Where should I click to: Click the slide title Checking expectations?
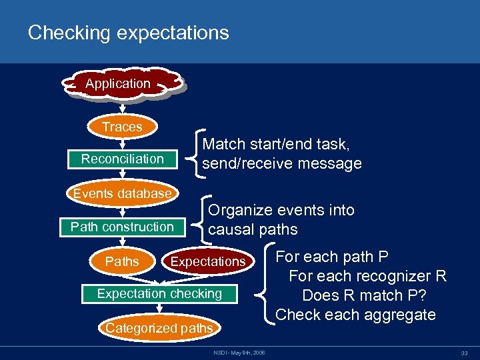coord(128,33)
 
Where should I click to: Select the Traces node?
coord(122,127)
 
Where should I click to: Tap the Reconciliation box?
coord(122,159)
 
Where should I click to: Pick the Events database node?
coord(122,194)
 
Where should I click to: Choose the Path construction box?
coord(122,227)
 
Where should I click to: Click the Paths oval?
coord(122,261)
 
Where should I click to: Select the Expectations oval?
coord(208,261)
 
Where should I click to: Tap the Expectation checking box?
coord(159,293)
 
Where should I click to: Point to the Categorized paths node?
coord(159,327)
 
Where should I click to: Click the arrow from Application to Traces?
coord(122,107)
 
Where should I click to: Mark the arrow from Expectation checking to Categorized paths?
coord(159,309)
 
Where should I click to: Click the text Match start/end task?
coord(276,144)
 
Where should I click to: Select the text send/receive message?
coord(281,163)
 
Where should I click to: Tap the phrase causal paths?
coord(253,230)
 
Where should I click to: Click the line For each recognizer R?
coord(367,276)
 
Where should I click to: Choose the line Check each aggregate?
coord(355,315)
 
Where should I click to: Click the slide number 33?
coord(463,353)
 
